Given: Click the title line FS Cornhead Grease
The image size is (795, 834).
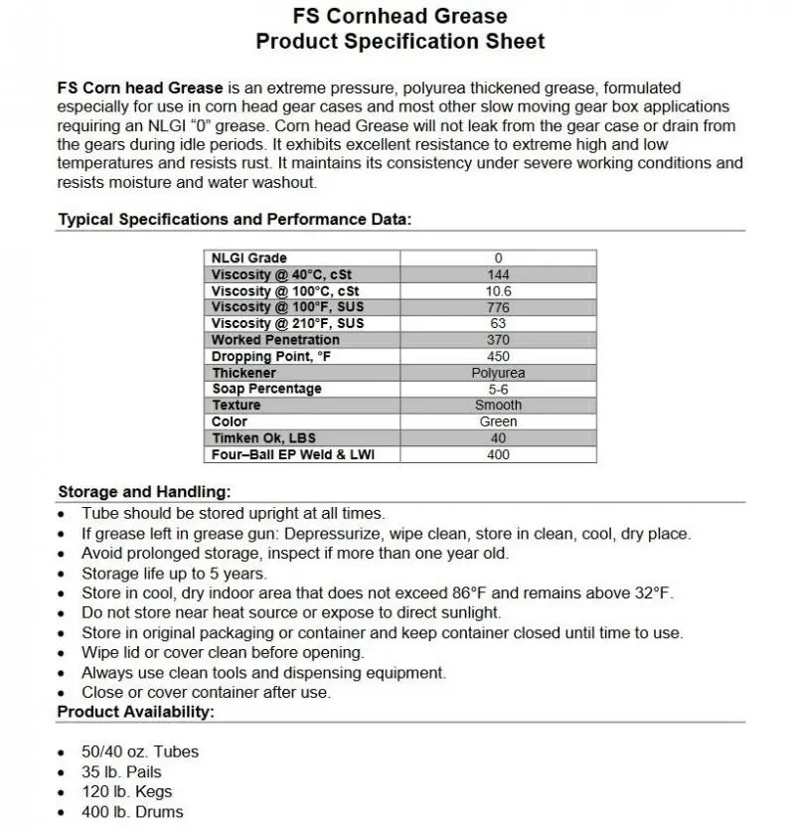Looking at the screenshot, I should coord(399,16).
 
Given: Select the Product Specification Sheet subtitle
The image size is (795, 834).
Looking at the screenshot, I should coord(399,42).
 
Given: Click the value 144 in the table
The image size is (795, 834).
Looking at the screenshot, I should coord(498,274).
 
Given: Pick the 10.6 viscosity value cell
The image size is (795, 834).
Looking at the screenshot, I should coord(498,291).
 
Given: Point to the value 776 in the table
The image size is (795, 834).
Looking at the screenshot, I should coord(498,307).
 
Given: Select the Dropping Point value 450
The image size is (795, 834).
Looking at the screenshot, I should coord(498,356).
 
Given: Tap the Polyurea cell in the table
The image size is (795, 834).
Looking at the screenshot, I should coord(498,373).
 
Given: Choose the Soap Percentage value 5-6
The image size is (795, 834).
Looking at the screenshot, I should coord(498,389).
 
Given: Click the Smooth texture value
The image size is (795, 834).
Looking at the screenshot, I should coord(498,406).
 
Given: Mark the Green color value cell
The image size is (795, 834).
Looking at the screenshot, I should coord(498,421).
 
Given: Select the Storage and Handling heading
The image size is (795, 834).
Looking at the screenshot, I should coord(144,492).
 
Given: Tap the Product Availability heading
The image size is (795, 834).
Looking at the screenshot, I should coord(135,712).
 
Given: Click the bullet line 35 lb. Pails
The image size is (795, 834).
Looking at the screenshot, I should coord(121,771).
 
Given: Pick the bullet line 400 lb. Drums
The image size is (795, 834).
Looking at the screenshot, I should coord(132,812).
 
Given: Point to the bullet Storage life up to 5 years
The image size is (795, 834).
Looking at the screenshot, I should coord(174,574).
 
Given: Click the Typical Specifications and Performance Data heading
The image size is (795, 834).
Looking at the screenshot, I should coord(235,220).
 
